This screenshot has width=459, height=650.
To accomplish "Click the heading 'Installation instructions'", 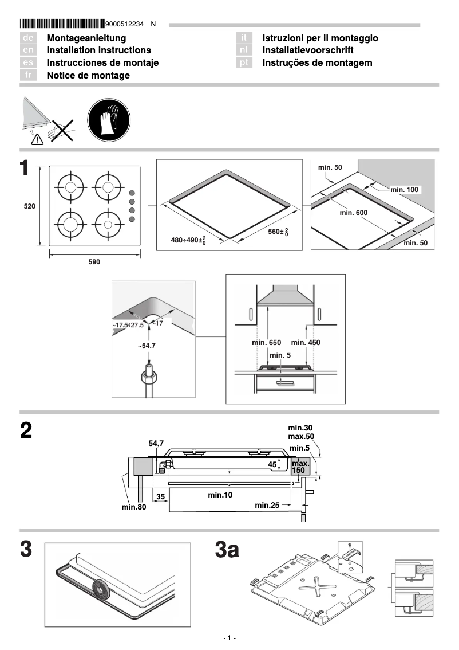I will [98, 50].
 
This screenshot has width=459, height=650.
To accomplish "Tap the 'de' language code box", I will [29, 38].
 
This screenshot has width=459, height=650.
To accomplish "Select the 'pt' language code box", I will [244, 63].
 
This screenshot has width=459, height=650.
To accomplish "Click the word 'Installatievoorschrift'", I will [307, 50].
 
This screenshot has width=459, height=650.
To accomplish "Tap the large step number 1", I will [25, 169].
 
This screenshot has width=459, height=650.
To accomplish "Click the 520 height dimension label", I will [29, 206].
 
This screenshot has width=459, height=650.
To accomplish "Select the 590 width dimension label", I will [94, 262].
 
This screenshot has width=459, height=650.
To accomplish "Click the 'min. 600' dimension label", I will [353, 213].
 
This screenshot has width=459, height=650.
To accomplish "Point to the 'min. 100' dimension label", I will [405, 189].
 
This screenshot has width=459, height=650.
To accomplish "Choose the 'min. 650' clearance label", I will [267, 343].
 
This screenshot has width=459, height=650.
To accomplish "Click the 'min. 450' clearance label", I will [306, 343].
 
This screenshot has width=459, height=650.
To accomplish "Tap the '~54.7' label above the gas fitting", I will [147, 346].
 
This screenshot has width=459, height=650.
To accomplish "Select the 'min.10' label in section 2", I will [220, 495].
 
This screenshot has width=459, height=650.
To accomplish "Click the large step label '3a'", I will [227, 551].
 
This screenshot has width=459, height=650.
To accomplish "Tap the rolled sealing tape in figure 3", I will [101, 588].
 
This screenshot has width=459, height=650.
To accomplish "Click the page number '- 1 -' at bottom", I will [230, 638].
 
